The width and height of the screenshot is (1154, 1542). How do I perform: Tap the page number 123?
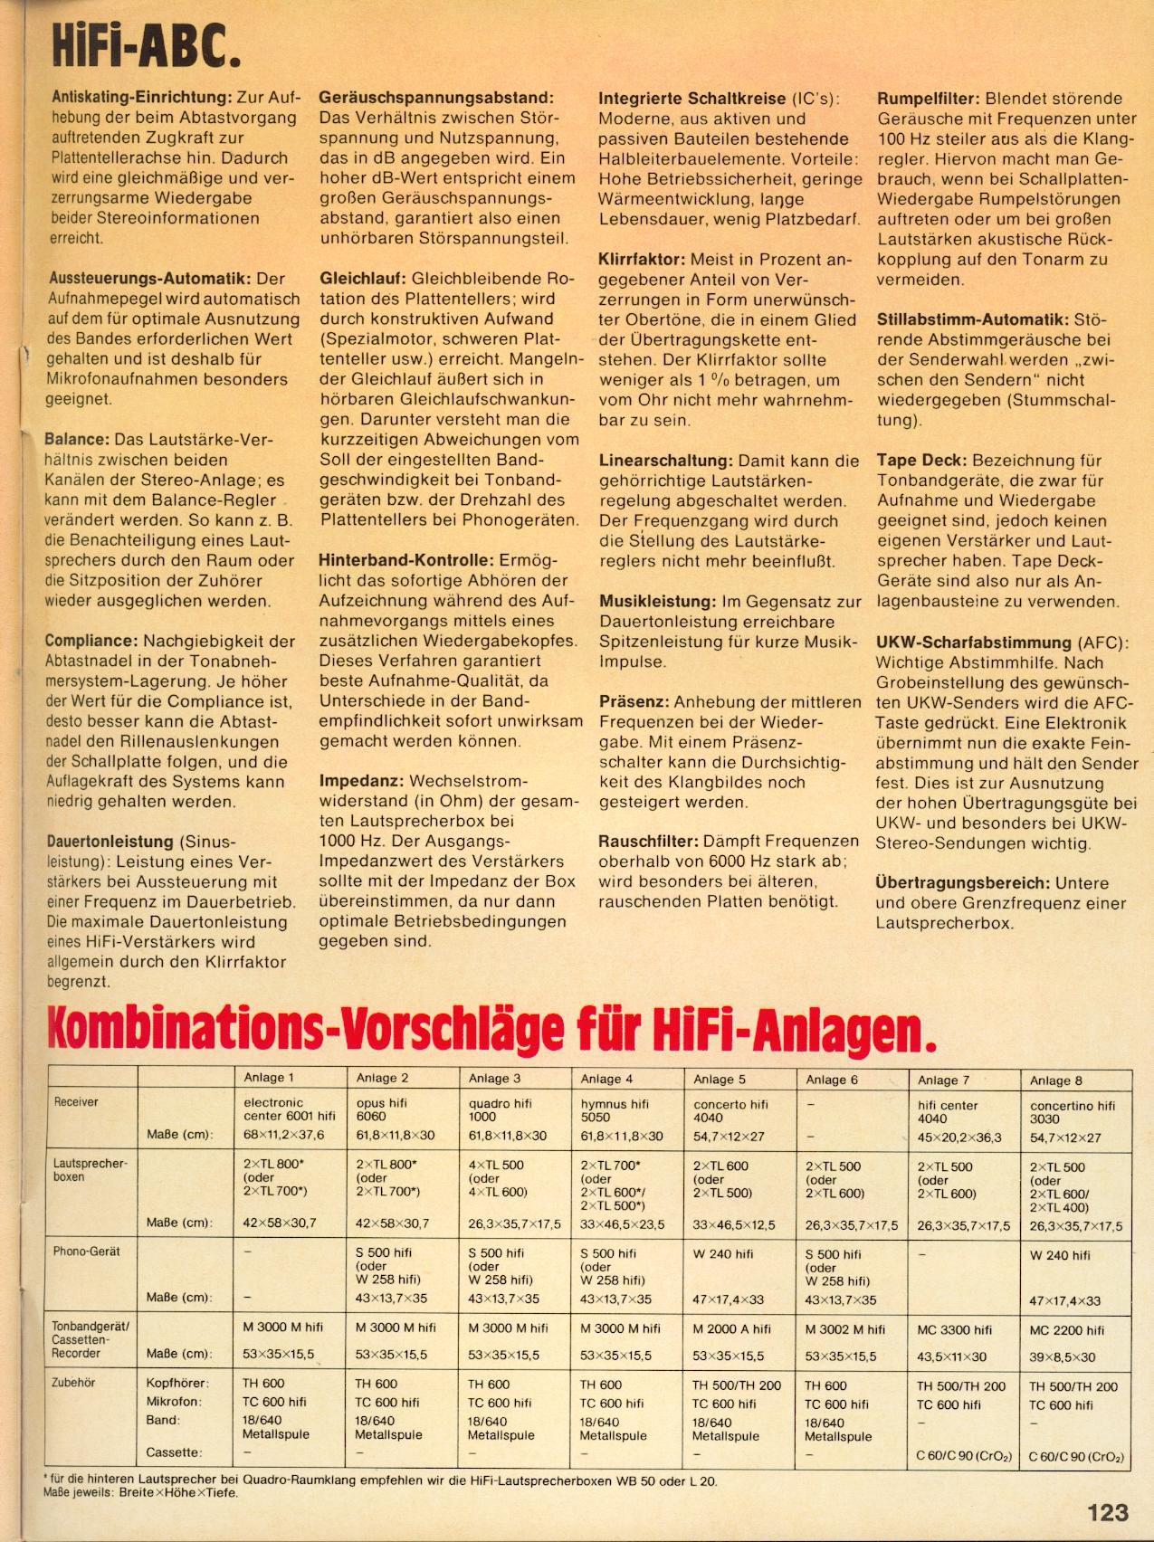coord(1108,1511)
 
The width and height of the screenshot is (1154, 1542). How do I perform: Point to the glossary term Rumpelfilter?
coord(928,99)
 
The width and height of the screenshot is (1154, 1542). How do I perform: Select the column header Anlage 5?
coord(720,1079)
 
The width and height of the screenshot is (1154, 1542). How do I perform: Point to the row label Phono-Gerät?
coord(86,1252)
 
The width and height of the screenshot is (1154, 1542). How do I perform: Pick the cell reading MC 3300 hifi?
coord(955,1329)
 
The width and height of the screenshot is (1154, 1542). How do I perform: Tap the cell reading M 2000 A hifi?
coord(731,1328)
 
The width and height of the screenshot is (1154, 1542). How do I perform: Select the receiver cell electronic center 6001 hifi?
coord(290,1109)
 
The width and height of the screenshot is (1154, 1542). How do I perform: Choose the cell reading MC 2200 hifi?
coord(1067,1330)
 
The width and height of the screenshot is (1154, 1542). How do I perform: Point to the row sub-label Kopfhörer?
coord(177,1384)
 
